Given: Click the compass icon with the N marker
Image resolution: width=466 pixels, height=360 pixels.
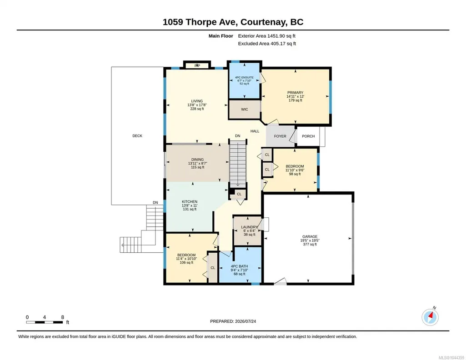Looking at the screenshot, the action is pos(430,317).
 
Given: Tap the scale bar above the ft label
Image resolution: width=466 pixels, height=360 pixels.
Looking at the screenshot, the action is pos(45,322).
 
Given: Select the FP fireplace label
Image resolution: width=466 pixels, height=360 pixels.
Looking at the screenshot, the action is pos(197,65).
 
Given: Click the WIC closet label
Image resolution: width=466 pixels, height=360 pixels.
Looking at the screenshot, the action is pos(245,109).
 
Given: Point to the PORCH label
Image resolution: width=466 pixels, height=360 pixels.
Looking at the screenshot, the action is pos(308,136).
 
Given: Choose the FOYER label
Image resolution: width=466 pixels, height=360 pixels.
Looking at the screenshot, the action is pos(280,136).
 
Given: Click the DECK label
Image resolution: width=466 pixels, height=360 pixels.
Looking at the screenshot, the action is pos(137,136).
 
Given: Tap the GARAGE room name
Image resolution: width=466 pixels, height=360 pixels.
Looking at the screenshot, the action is pos(310,237).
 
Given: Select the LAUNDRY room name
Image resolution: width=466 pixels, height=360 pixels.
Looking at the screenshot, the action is pos(249,227).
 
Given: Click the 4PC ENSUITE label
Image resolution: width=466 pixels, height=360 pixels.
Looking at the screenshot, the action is pos(244,78).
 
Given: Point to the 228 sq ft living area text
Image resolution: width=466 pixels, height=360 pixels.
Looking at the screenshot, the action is pos(197,109).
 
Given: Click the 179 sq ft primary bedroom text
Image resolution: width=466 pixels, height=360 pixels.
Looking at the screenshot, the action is pos(295,100).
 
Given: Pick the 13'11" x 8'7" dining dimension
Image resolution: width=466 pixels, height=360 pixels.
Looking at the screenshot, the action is pos(198,163).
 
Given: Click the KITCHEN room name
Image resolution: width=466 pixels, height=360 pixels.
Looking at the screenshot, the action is pos(190,202).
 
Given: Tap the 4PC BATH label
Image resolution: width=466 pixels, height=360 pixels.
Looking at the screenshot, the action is pos(239,266).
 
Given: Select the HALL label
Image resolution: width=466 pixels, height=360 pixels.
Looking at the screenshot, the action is pos(255,131).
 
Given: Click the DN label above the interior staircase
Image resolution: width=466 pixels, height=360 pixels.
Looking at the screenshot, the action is pos(237,136).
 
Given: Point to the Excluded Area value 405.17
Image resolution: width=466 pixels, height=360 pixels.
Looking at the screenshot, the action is pos(278,43).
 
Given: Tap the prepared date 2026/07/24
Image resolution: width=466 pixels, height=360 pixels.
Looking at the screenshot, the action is pos(246,321).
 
